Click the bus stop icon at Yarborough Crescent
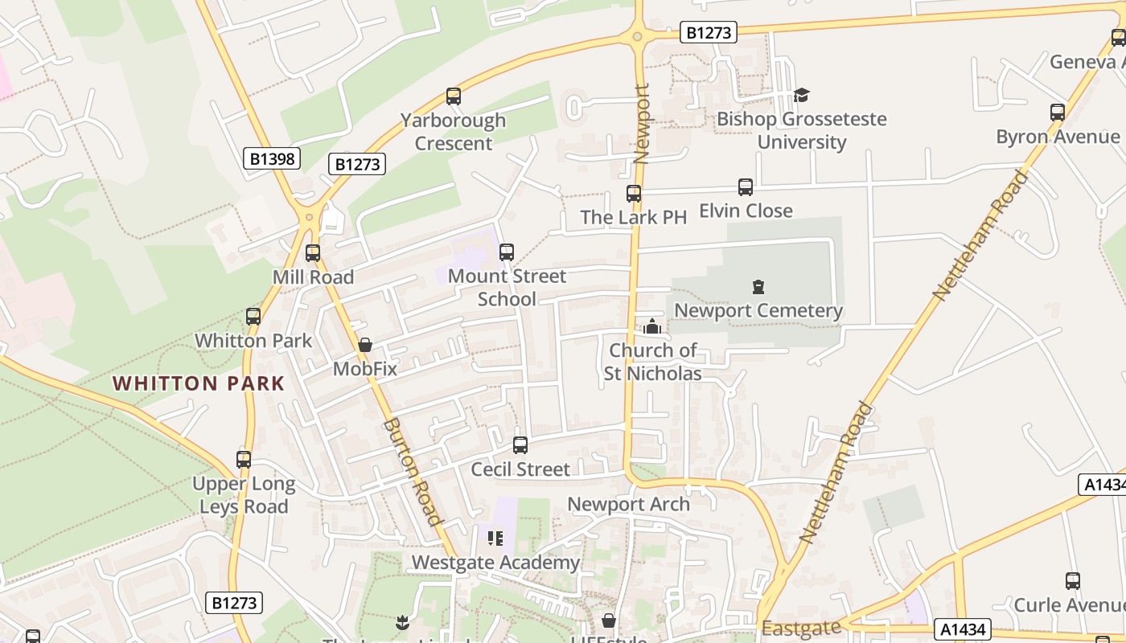454,96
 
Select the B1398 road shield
272,158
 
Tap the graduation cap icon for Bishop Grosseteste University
801,96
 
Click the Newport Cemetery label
758,310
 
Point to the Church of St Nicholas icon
652,326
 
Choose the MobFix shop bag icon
364,345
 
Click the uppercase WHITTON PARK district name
199,383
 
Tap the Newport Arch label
628,504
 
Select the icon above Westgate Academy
495,538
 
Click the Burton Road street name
413,472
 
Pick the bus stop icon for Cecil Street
520,444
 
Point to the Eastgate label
801,627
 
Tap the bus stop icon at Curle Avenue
1072,580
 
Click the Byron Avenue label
1057,137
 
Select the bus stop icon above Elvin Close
746,187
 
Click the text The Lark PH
633,217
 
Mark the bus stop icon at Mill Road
313,253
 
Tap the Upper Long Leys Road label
244,495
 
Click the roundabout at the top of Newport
638,35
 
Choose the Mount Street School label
507,287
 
